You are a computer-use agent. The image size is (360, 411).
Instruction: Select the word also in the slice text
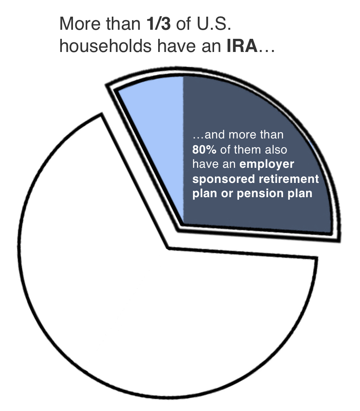click(276, 150)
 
